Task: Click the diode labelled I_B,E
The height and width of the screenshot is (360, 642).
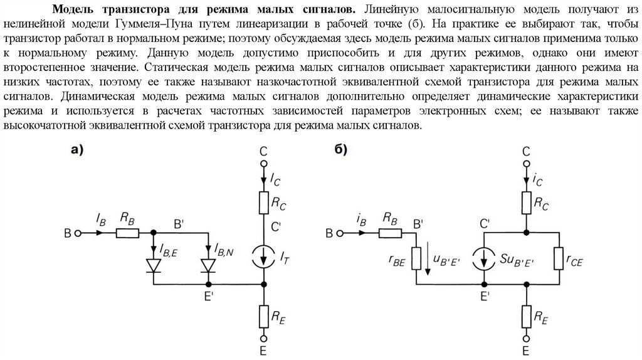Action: (154, 266)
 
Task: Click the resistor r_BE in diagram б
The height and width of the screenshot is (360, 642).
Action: (414, 260)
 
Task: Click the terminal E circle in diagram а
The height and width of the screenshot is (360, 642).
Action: (263, 336)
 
